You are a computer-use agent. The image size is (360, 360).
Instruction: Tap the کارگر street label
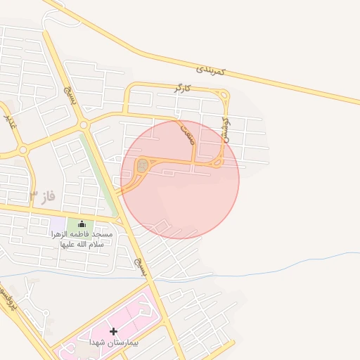183,89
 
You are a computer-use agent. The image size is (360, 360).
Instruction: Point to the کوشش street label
226,131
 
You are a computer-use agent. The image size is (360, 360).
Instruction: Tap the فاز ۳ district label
43,193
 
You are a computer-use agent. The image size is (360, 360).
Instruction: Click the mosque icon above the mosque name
82,224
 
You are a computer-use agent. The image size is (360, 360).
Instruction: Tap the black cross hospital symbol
113,330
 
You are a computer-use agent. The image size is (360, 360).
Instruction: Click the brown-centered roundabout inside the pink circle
142,166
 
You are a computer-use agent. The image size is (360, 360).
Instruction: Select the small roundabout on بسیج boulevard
84,125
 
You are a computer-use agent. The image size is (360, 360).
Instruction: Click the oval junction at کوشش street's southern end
218,163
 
